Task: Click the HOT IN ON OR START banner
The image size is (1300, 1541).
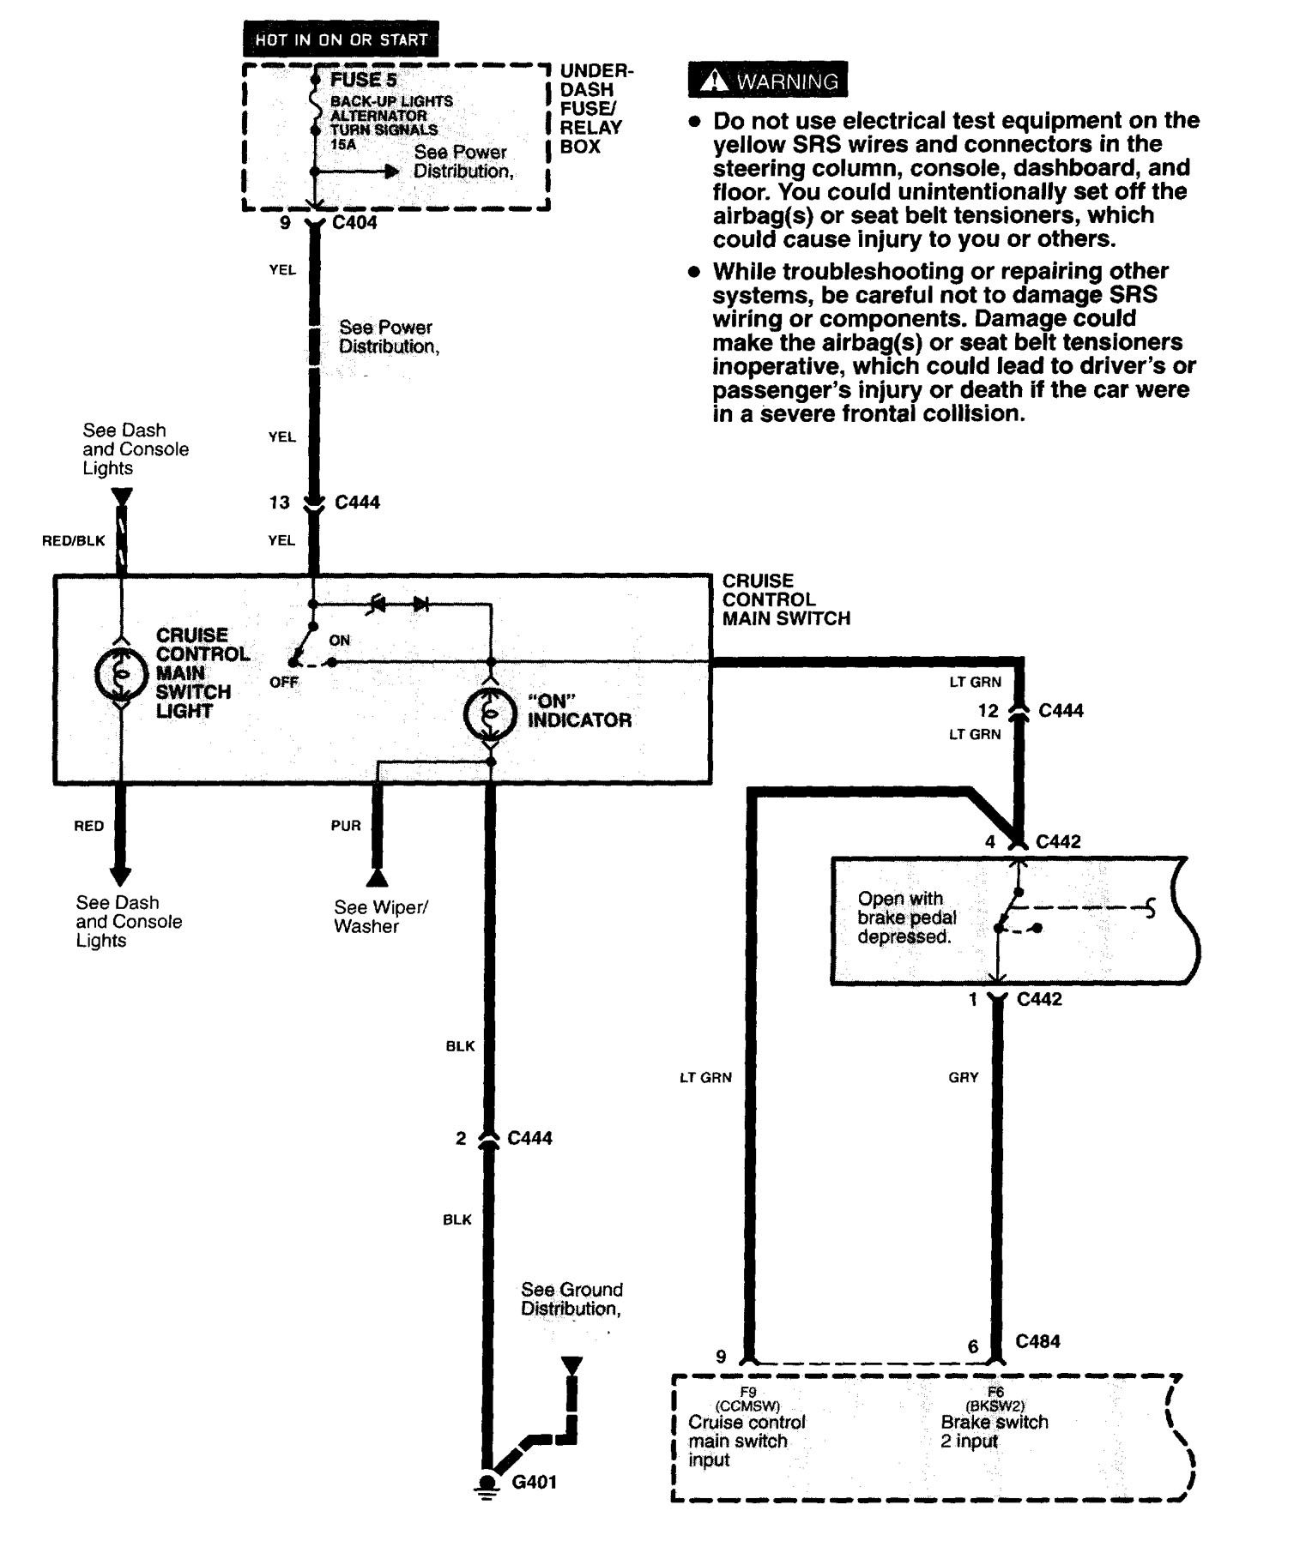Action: pos(341,39)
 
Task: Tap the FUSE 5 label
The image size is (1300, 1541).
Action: pos(364,80)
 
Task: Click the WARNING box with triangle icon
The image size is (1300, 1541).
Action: pos(768,81)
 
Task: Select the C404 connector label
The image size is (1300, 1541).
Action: pos(354,223)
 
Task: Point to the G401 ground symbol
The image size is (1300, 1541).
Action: pos(487,1483)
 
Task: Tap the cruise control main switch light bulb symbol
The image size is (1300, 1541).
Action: pos(121,674)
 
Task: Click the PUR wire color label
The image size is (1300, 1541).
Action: pos(346,826)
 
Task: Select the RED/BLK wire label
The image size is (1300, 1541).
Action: pos(73,540)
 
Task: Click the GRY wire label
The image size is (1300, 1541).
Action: pos(963,1077)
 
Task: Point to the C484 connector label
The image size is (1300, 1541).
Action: pos(1037,1341)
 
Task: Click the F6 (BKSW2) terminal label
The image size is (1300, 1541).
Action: pos(995,1399)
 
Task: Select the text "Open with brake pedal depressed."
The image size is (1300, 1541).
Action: pos(906,918)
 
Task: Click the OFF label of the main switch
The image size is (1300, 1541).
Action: pos(283,682)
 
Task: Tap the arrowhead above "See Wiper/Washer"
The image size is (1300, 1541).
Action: pos(376,879)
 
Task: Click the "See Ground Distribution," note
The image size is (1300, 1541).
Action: pos(571,1299)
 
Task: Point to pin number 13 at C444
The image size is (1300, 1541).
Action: pos(280,503)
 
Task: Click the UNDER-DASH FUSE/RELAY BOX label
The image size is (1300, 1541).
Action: pos(595,108)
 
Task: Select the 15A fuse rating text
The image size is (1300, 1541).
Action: pos(342,145)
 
